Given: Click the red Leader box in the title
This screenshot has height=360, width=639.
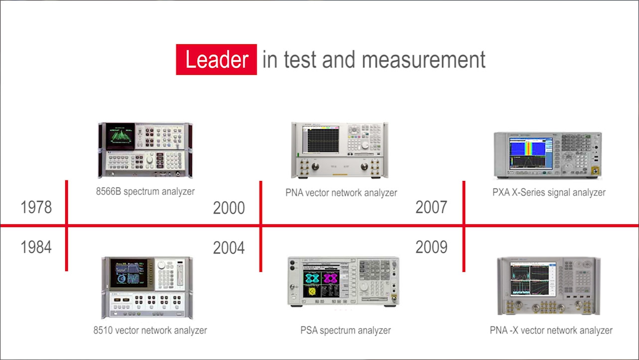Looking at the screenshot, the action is [x=216, y=59].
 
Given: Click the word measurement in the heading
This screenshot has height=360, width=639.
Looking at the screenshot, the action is [x=424, y=60].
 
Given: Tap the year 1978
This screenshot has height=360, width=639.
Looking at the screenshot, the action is [x=36, y=207].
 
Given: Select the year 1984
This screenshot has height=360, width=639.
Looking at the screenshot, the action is [x=36, y=247].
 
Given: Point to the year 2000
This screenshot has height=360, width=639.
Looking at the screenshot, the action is [x=229, y=207].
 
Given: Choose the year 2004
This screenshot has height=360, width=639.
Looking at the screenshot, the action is [x=229, y=248].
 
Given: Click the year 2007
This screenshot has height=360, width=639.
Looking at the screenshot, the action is [x=431, y=207].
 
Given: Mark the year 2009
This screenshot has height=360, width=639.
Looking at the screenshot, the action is [x=431, y=247].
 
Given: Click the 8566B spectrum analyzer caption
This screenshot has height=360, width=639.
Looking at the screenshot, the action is [x=145, y=191].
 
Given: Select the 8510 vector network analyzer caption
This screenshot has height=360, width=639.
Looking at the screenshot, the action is [x=150, y=331].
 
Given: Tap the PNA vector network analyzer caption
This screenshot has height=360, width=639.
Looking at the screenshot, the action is [x=341, y=193].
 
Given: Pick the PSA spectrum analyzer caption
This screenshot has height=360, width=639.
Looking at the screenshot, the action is [x=345, y=331].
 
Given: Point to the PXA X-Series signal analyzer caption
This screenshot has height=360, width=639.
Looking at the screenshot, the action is [x=549, y=192].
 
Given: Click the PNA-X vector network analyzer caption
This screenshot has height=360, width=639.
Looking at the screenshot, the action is [x=551, y=331].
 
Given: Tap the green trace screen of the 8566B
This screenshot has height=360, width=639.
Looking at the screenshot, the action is [x=120, y=136].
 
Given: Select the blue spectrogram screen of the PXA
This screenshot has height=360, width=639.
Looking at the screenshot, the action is [x=531, y=153].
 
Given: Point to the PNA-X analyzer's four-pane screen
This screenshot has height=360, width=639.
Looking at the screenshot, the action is [x=533, y=279].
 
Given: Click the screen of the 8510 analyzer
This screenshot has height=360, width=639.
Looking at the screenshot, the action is [x=129, y=273].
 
